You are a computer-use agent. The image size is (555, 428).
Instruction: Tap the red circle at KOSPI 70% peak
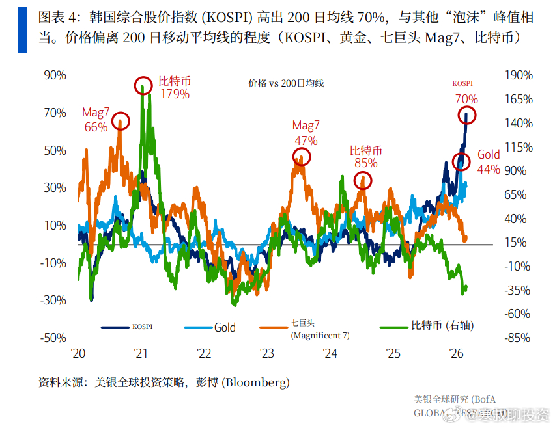(466, 116)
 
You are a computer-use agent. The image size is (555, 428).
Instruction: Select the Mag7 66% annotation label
(95, 120)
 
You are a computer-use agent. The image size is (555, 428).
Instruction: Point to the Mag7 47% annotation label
(306, 133)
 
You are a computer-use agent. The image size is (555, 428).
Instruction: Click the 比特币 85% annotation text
(365, 157)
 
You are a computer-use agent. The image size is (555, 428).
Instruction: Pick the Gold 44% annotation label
(489, 162)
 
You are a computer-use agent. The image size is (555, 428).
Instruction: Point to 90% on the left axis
(55, 75)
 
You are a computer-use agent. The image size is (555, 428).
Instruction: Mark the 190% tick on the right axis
(519, 75)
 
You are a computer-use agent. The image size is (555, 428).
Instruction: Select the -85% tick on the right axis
(519, 338)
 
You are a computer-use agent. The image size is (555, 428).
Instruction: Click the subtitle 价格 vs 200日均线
(286, 83)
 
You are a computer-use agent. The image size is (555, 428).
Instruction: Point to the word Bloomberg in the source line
(255, 382)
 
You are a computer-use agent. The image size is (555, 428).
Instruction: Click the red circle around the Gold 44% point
(461, 162)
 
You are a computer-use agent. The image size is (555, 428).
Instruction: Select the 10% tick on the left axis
(55, 226)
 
